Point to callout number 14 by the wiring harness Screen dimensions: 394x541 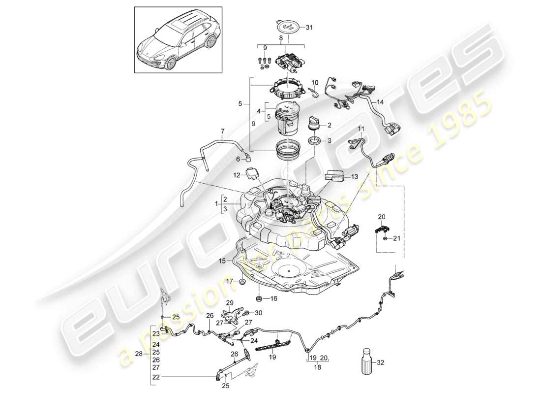click(380, 102)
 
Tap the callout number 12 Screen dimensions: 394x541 click(236, 175)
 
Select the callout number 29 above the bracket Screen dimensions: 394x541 click(229, 302)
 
